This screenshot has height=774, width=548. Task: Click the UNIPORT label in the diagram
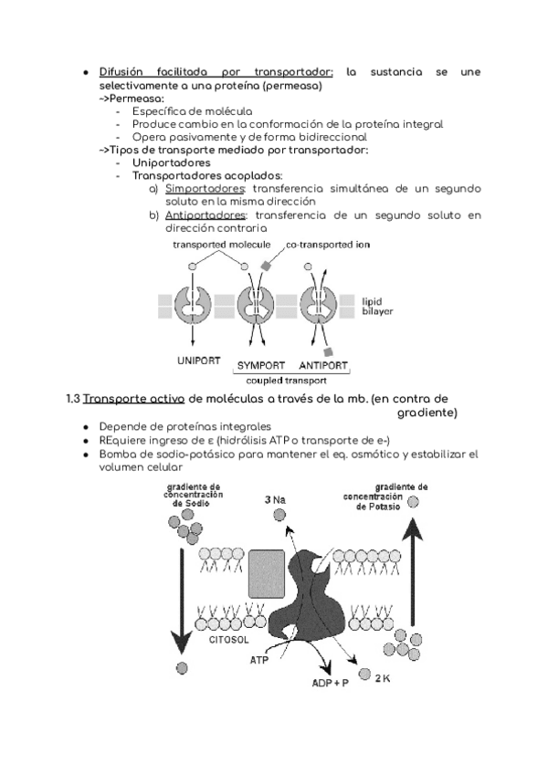tap(198, 361)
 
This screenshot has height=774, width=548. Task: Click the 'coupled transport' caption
tap(290, 382)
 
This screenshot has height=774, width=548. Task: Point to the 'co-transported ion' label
tap(328, 245)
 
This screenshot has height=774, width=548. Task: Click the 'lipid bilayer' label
tap(377, 306)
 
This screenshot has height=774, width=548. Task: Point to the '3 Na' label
tap(275, 499)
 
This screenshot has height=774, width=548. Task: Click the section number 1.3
tap(74, 399)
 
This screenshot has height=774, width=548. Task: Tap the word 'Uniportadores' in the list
tap(172, 162)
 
